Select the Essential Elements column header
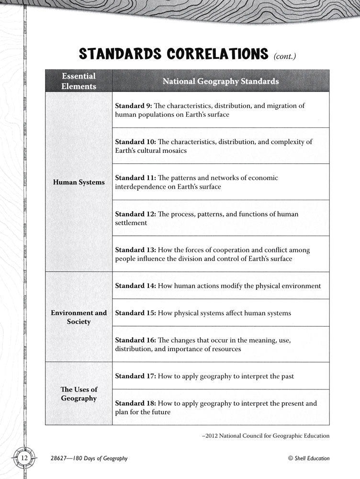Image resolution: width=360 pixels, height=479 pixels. click(x=79, y=81)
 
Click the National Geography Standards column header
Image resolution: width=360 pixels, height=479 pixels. click(x=221, y=81)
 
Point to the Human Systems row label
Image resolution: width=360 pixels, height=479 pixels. click(x=79, y=182)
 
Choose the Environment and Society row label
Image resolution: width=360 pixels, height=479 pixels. click(x=79, y=317)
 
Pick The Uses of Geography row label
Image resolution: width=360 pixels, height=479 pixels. click(x=79, y=393)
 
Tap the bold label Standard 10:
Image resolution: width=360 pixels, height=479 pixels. click(x=135, y=142)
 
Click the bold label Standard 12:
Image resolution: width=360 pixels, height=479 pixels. click(x=135, y=214)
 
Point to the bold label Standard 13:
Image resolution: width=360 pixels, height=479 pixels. click(x=135, y=250)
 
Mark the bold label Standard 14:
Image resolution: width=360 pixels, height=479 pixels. click(x=135, y=286)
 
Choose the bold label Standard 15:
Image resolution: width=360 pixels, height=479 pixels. click(x=135, y=313)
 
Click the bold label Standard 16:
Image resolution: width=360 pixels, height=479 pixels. click(x=135, y=340)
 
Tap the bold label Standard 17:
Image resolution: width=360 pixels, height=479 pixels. click(x=135, y=376)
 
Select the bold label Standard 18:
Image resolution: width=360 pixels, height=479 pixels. click(x=135, y=403)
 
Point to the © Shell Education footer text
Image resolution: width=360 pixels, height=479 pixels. click(x=309, y=458)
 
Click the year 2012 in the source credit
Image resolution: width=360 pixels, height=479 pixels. click(x=212, y=435)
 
